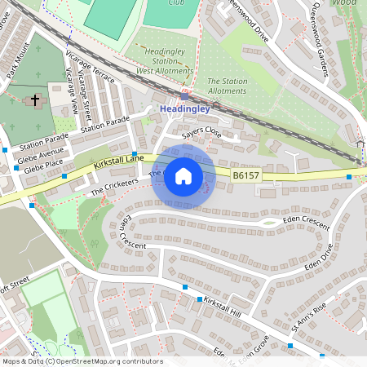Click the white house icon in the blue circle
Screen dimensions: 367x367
(183, 176)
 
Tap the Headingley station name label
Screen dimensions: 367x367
(186, 108)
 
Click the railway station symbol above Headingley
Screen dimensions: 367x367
(185, 96)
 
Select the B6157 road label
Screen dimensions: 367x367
(247, 175)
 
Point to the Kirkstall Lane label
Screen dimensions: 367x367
(118, 162)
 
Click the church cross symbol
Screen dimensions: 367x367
(35, 101)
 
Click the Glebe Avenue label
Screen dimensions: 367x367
(42, 153)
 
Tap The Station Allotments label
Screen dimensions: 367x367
(228, 86)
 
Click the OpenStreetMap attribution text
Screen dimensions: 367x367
(82, 361)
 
